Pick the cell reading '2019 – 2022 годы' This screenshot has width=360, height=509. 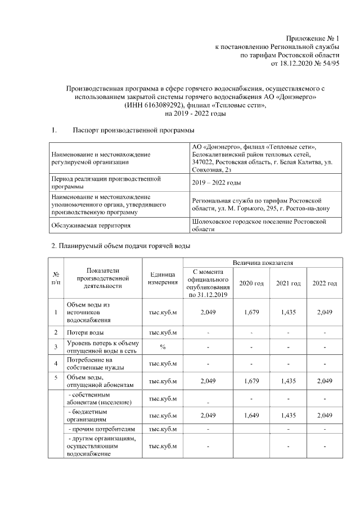click(x=217, y=183)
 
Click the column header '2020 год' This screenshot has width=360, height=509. click(x=251, y=283)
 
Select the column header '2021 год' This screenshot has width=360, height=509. click(x=288, y=283)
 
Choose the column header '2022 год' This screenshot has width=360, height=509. click(x=325, y=283)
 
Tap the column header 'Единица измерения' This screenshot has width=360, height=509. click(x=163, y=278)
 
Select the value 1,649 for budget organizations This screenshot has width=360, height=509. click(x=251, y=415)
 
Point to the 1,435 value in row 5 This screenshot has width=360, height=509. click(x=288, y=381)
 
